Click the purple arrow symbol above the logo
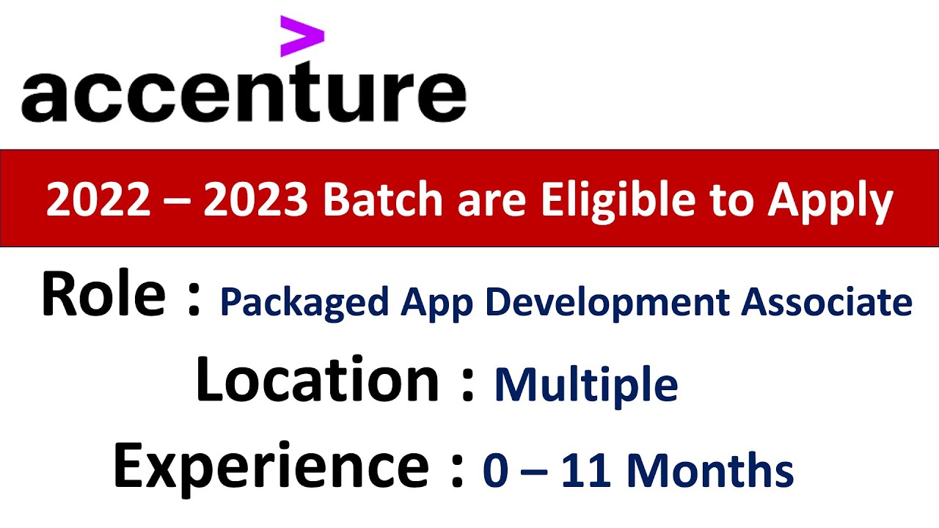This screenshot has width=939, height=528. pos(302,37)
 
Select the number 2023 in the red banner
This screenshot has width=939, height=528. pos(256,199)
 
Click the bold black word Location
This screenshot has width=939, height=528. pos(318,379)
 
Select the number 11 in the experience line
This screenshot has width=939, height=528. pos(586,470)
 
